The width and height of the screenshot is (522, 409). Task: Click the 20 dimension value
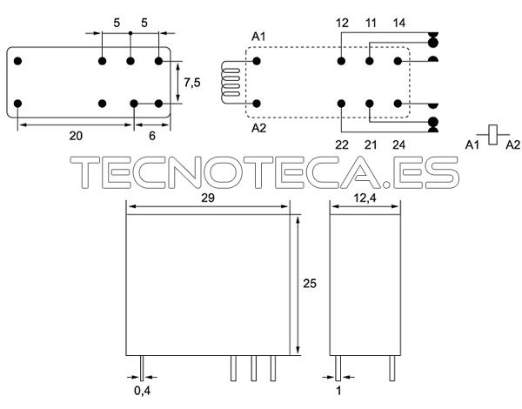(x=76, y=136)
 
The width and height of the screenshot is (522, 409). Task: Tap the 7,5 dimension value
(x=192, y=83)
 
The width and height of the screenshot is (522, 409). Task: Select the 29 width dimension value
(x=208, y=198)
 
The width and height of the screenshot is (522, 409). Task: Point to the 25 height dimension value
(x=310, y=283)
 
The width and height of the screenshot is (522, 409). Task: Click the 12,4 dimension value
(x=365, y=198)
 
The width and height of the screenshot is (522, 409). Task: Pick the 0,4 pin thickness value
(x=142, y=391)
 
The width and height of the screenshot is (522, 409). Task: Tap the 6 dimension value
(x=152, y=136)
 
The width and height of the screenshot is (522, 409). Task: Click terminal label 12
(x=342, y=23)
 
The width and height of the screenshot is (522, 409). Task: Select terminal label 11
(x=371, y=23)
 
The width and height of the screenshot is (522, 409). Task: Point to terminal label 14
(x=398, y=23)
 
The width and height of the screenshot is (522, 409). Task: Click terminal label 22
(x=342, y=144)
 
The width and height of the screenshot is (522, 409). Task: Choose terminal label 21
(x=371, y=144)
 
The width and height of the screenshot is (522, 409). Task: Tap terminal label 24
(x=398, y=144)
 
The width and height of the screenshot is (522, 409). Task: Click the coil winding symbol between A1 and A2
(x=230, y=82)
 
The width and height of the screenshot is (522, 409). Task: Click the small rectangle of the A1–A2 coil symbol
(x=493, y=135)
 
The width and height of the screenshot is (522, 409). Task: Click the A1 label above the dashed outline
(x=258, y=37)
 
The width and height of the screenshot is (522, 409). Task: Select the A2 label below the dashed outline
(x=259, y=128)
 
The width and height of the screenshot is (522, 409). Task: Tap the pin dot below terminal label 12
(x=341, y=61)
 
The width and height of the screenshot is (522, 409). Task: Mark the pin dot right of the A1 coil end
(x=257, y=61)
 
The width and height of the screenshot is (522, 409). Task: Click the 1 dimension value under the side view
(x=338, y=391)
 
